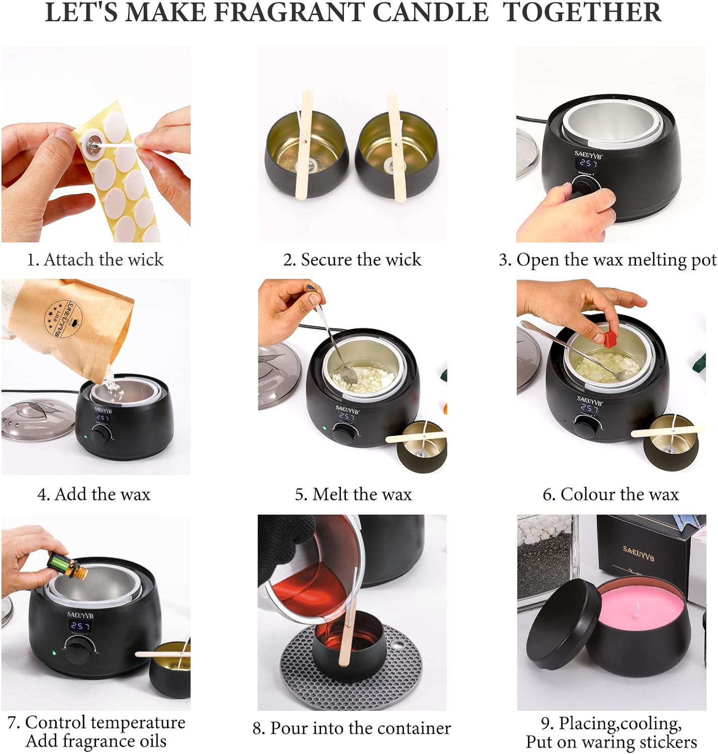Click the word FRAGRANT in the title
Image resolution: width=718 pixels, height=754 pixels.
289,12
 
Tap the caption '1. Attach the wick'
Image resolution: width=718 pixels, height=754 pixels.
95,260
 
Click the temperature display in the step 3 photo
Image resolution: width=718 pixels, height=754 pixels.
588,163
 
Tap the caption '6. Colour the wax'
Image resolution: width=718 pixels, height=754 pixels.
610,495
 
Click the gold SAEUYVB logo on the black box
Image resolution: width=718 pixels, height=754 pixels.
638,554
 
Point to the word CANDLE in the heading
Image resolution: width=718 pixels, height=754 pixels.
430,12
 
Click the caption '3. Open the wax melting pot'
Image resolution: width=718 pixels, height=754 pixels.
607,260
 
